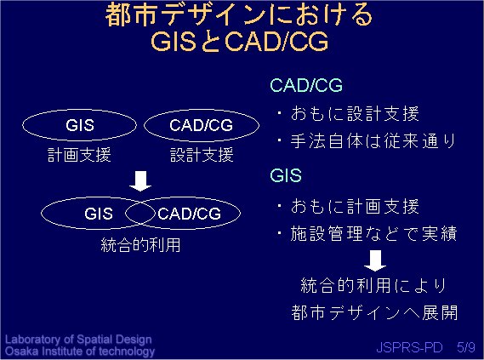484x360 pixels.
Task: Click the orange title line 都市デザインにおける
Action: coord(239,14)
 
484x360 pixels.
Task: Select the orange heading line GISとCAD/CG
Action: coord(240,42)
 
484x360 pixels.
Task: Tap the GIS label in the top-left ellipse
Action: coord(80,125)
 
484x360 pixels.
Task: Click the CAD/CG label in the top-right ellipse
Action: coord(202,125)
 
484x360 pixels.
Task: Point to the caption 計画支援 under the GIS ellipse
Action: coord(79,155)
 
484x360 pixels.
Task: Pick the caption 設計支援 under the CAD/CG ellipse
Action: coord(202,155)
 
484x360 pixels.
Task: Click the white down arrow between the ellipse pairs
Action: coord(140,181)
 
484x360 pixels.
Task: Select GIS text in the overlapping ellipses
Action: coord(99,214)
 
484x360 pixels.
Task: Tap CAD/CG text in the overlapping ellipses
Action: coord(189,214)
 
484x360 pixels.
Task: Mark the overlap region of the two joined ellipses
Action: coord(140,214)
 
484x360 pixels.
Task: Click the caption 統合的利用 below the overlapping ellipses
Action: coord(140,245)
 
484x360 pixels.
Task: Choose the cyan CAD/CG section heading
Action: coord(306,85)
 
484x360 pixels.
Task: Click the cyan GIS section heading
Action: coord(286,175)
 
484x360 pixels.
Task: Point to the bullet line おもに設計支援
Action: coord(348,113)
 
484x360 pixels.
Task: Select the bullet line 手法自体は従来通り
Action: coord(367,141)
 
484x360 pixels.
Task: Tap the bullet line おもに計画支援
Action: coord(348,206)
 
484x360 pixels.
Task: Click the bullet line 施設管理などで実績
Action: coord(367,233)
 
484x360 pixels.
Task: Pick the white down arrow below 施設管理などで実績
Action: coord(375,261)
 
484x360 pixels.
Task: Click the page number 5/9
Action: coord(466,347)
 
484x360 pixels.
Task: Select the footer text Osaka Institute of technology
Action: coord(80,351)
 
